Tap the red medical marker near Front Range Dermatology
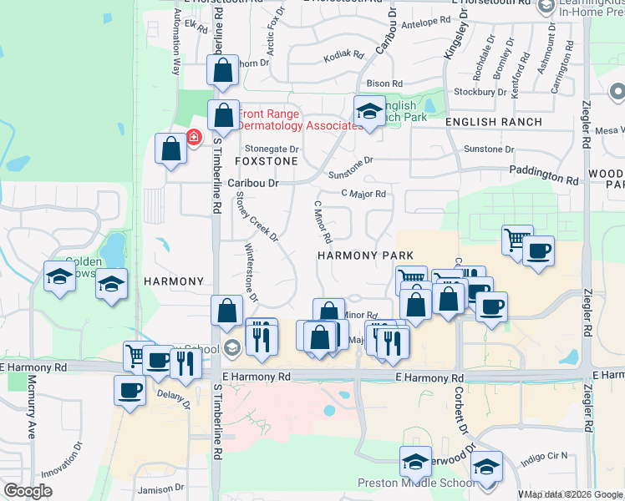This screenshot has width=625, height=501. (193, 136)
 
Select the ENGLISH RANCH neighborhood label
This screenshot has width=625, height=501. (493, 122)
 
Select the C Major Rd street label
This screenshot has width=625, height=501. (364, 194)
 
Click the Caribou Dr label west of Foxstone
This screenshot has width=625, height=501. (252, 182)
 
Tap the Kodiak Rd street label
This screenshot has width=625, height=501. (344, 56)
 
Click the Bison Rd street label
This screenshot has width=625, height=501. (385, 83)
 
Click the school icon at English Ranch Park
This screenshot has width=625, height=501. (368, 109)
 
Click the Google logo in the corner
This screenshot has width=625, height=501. (28, 491)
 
